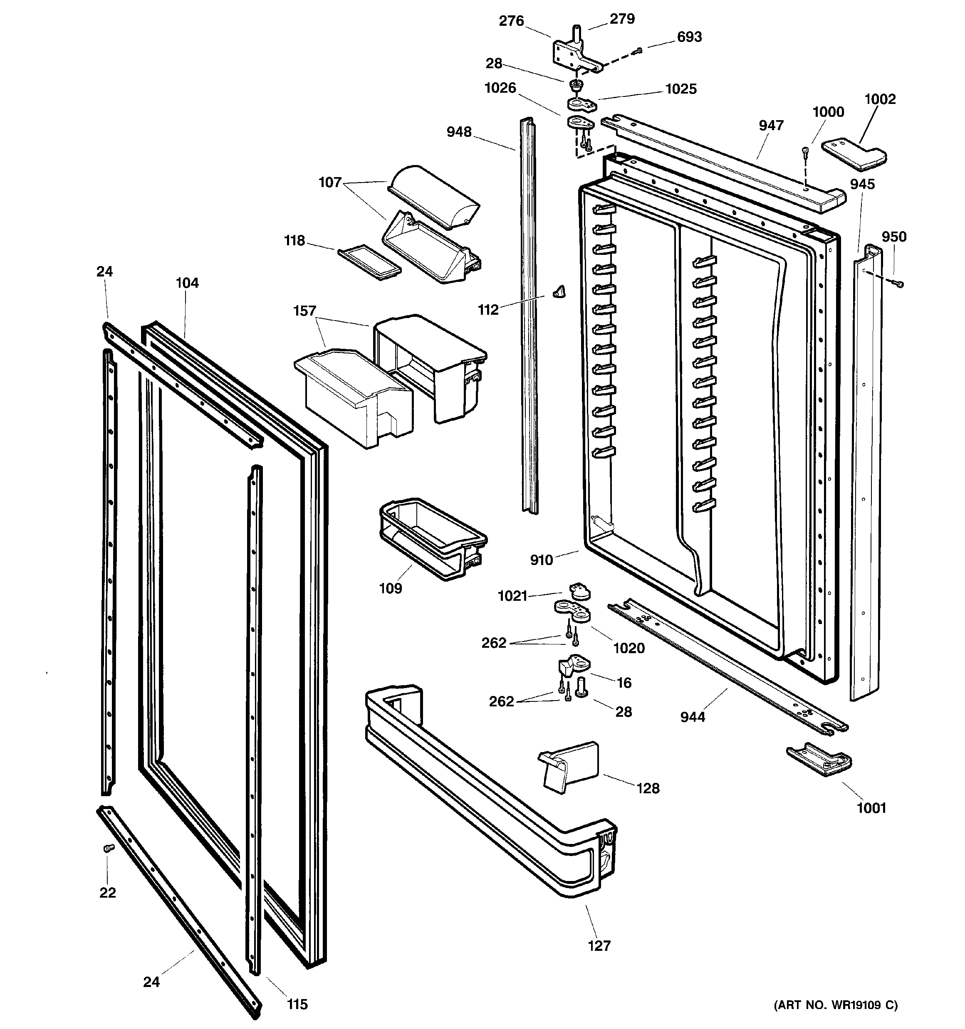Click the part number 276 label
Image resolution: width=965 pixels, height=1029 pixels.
click(511, 21)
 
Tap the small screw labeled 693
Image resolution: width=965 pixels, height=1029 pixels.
click(639, 50)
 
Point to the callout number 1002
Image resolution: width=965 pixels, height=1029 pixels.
click(880, 99)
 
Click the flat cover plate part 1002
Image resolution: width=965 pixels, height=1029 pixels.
click(854, 154)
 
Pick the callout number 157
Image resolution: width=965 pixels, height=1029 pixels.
click(304, 311)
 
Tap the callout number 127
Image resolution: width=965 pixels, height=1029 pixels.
click(599, 946)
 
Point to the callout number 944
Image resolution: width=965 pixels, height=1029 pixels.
click(693, 717)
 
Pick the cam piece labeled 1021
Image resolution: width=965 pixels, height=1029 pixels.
click(579, 591)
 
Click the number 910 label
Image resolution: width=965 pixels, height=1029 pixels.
click(541, 560)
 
